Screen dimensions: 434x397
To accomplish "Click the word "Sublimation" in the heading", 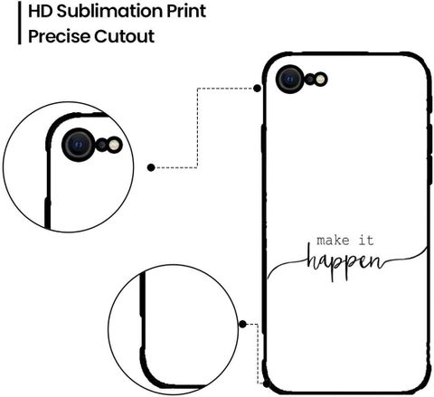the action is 110,11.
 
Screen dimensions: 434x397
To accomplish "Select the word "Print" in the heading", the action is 186,12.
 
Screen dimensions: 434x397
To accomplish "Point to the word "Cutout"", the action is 125,36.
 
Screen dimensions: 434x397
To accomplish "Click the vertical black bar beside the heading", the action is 20,23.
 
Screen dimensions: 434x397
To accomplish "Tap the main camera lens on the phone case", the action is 290,80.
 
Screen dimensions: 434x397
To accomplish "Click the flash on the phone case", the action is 321,80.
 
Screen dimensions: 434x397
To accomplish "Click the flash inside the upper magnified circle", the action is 115,145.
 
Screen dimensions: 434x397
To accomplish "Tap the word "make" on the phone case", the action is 333,241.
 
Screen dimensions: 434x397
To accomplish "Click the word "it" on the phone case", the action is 366,241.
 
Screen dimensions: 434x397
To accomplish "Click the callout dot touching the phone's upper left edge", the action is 257,89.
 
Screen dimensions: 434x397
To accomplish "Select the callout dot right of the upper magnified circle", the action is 151,167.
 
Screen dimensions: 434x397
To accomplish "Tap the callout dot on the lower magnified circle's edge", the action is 242,325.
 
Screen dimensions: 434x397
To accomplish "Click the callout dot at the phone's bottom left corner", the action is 266,384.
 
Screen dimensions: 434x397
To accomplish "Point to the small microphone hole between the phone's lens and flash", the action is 310,80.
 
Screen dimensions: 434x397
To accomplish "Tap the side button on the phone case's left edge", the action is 263,139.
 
